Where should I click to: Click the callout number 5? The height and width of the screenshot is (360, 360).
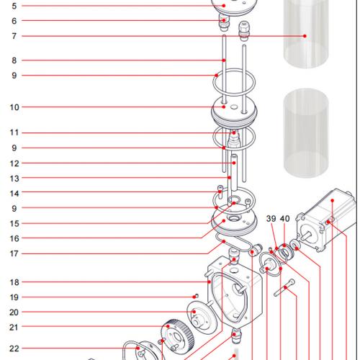[14, 6]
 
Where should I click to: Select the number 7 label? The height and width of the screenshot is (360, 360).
[14, 36]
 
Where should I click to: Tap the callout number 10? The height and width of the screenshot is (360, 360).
[14, 107]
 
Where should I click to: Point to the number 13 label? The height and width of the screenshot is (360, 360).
[14, 178]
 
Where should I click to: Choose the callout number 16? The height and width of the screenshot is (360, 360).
[14, 238]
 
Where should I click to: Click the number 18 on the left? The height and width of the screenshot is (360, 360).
[14, 283]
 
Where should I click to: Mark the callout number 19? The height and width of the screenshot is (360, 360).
[14, 297]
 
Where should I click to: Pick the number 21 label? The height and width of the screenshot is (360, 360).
[14, 328]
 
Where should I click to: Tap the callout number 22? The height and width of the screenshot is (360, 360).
[14, 349]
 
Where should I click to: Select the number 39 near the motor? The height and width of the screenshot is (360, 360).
[271, 219]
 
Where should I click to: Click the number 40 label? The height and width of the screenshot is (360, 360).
[284, 219]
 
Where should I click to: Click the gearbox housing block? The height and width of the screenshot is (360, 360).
[232, 292]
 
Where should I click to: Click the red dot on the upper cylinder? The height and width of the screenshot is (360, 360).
[305, 36]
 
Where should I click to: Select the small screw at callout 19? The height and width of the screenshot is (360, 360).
[195, 297]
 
